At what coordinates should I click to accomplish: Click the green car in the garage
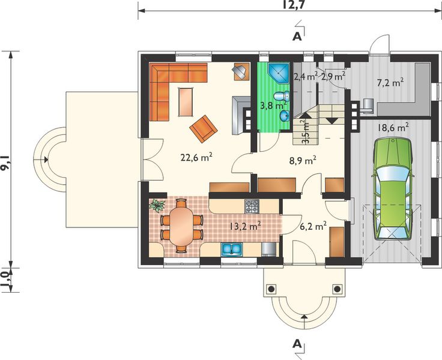click(393, 189)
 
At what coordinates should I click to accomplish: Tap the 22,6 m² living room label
click(196, 157)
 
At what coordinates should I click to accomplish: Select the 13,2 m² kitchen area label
click(244, 226)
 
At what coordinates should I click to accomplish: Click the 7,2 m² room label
click(390, 83)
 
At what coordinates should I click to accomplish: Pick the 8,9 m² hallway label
click(302, 161)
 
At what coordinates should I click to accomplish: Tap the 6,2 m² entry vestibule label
click(313, 226)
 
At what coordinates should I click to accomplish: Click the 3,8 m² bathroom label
click(273, 106)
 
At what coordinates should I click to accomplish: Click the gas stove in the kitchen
click(252, 206)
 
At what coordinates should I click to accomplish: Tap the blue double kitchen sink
click(232, 249)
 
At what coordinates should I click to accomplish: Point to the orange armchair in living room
click(204, 128)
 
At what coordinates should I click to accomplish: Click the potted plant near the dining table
click(157, 205)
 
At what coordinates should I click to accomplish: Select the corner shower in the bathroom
click(278, 73)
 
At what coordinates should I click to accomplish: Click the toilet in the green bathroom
click(281, 97)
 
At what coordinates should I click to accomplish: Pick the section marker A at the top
click(297, 37)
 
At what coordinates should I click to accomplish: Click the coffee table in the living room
click(186, 101)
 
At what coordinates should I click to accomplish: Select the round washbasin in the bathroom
click(285, 115)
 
